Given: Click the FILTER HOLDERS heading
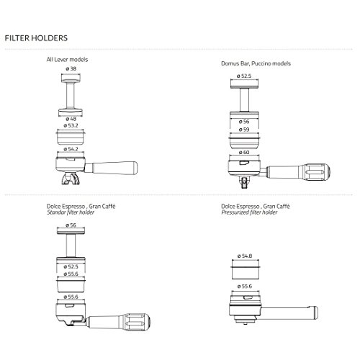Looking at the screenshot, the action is [x=36, y=38].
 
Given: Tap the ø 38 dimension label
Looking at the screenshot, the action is [x=71, y=68].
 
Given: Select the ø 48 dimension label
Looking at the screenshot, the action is [x=71, y=119].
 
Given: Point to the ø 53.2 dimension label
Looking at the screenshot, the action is [x=71, y=125].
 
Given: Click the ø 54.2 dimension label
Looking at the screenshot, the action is [x=71, y=149].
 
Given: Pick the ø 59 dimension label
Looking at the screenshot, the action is [x=244, y=130].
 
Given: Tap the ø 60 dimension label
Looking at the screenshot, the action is [x=244, y=153].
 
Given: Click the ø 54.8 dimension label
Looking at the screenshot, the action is [x=245, y=256].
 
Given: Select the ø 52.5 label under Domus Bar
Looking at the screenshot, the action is [x=244, y=76].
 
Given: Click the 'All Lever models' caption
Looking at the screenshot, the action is [x=67, y=60].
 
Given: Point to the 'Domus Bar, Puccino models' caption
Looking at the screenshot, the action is [x=256, y=63].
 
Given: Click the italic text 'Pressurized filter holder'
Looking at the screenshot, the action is [x=249, y=212].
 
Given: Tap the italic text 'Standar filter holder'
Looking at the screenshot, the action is [x=71, y=212].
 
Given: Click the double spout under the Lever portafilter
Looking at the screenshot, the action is [x=70, y=179].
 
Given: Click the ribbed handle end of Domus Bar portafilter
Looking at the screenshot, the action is [x=315, y=171].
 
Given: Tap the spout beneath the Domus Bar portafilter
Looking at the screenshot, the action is [x=244, y=182].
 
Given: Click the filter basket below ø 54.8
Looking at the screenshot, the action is [x=246, y=273].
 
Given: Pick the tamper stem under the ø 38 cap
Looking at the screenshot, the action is [x=71, y=95].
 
